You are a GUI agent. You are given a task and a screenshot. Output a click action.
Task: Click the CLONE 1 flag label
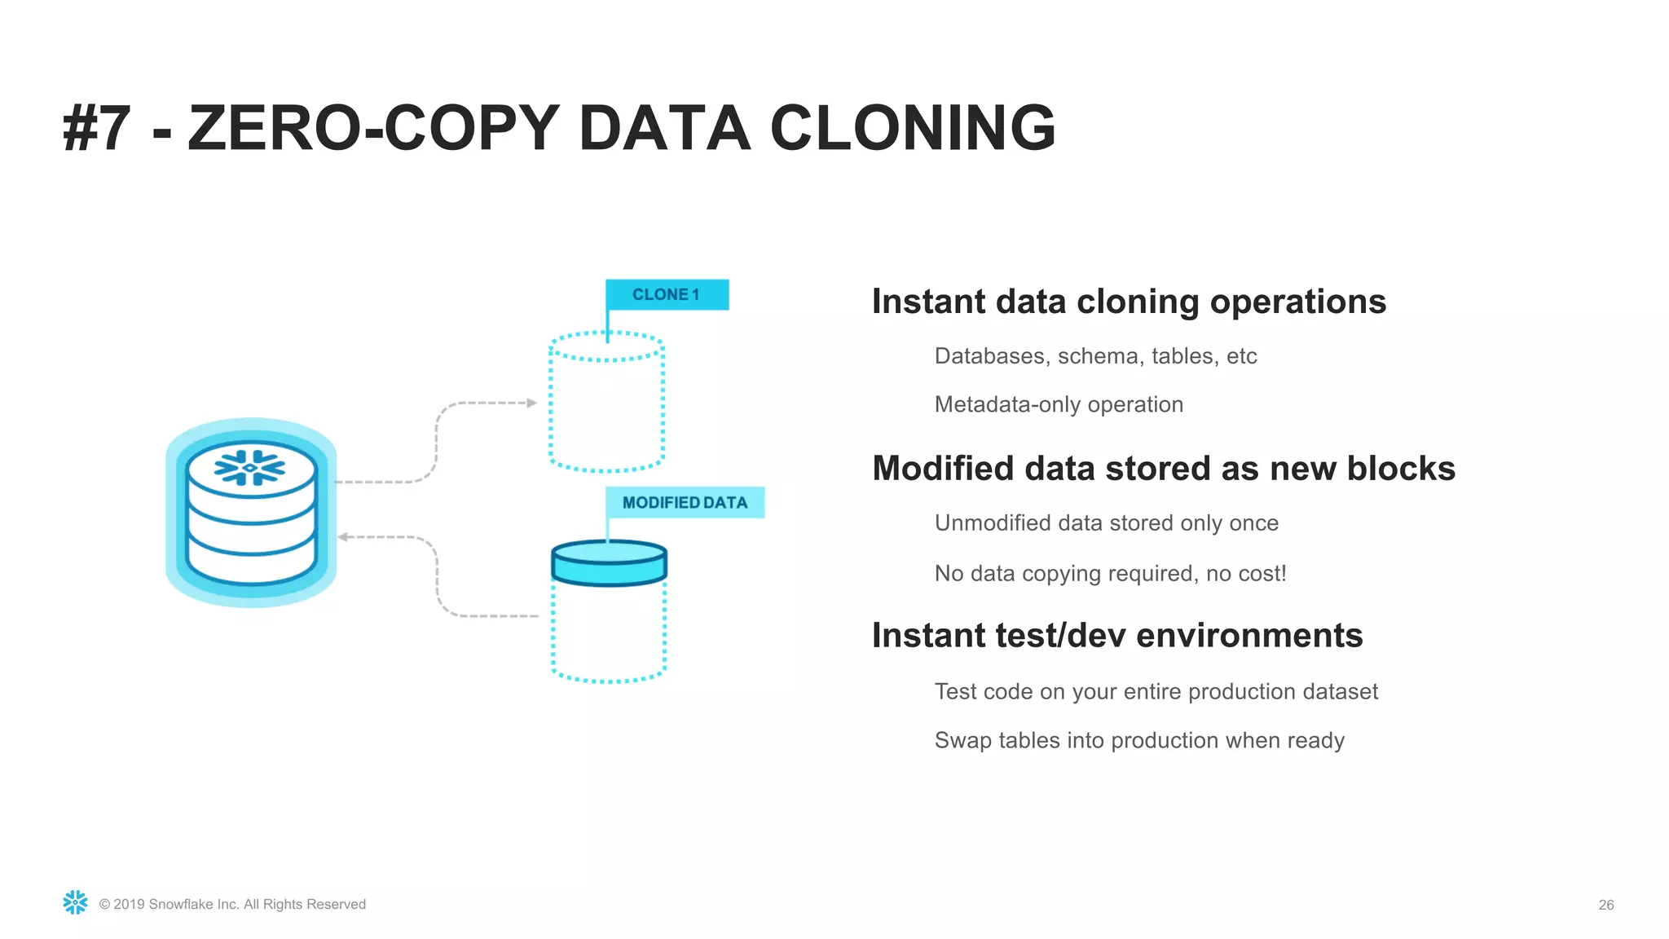click(667, 294)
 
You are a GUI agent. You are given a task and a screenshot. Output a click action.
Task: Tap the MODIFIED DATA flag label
click(685, 502)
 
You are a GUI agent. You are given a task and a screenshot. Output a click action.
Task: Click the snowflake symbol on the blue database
click(250, 467)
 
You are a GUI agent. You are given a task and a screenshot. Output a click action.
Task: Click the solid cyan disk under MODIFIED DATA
click(609, 563)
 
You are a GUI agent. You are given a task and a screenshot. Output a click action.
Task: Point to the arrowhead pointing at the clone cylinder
click(531, 403)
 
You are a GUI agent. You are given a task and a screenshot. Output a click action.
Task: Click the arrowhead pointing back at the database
click(343, 537)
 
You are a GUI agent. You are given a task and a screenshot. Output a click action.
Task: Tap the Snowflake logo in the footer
click(75, 902)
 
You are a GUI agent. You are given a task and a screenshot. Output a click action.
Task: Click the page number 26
click(1605, 905)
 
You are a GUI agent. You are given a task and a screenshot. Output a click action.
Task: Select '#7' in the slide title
click(96, 129)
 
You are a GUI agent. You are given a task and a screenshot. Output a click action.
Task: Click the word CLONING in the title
click(912, 129)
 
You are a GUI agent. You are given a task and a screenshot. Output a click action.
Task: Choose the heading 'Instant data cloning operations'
click(1129, 302)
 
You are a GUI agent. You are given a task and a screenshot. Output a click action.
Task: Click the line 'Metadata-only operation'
click(1058, 404)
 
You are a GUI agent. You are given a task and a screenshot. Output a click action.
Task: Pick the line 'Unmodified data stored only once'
click(1106, 523)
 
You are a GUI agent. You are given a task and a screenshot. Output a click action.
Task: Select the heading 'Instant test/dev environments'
click(1116, 636)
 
